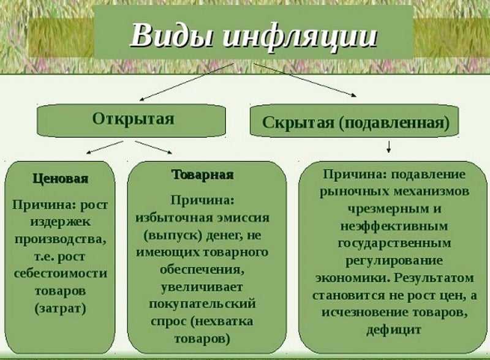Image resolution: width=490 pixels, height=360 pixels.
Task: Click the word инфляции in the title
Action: click(x=300, y=37)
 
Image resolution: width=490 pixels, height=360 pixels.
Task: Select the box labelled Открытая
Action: click(x=131, y=121)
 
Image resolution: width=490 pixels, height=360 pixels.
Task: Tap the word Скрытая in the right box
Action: click(x=298, y=122)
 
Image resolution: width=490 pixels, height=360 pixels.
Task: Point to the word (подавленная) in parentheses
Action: click(x=394, y=123)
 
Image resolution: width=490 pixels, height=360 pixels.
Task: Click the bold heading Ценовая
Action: click(x=60, y=179)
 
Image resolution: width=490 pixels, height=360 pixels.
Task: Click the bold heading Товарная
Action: click(x=203, y=174)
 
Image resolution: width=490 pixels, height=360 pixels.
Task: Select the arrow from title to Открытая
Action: click(x=186, y=81)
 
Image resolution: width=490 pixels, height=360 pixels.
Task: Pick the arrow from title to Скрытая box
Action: click(x=304, y=80)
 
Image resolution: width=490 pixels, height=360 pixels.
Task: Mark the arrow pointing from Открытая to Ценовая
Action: click(x=105, y=147)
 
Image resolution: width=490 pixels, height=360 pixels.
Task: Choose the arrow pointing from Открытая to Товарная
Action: click(x=154, y=147)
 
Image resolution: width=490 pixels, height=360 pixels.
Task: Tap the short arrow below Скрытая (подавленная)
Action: click(x=388, y=146)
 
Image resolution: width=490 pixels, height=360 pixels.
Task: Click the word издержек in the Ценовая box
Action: click(x=60, y=222)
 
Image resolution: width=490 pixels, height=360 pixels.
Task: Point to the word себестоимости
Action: click(x=60, y=274)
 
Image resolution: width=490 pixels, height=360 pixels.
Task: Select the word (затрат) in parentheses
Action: click(x=60, y=309)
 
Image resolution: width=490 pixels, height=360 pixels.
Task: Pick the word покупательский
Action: click(x=202, y=304)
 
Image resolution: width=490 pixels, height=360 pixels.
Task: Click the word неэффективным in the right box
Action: click(x=394, y=226)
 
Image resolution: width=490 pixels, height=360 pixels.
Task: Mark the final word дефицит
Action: click(x=394, y=329)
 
